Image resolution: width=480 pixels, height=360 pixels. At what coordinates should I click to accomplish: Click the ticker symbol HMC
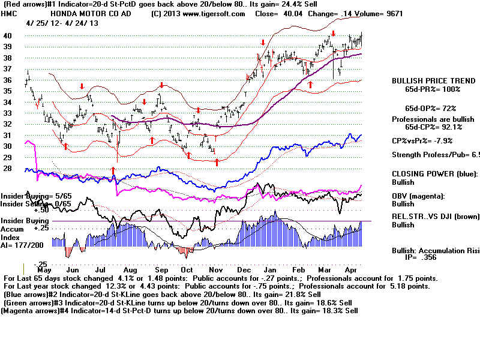(x=10, y=13)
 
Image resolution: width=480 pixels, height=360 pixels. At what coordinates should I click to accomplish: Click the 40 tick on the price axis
(x=8, y=35)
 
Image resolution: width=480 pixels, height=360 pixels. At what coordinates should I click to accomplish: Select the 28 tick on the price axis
(x=8, y=168)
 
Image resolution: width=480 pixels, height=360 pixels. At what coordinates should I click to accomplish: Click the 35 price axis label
(x=8, y=91)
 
